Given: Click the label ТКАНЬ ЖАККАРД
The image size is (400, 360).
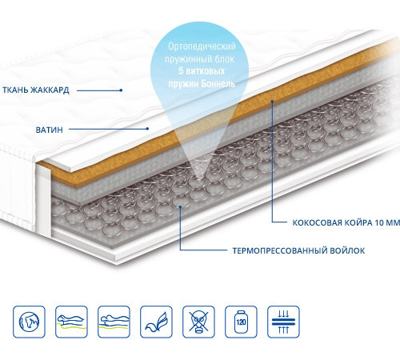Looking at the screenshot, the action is (36, 90).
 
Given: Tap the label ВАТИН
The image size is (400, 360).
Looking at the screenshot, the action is (50, 130).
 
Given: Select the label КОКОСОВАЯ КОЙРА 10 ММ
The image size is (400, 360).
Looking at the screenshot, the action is (346, 222).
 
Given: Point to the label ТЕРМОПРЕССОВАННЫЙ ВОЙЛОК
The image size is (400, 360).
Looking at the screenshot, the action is (298, 250).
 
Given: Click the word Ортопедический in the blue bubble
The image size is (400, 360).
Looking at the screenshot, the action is (202, 46).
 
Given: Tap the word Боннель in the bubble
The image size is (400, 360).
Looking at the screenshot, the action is (218, 84).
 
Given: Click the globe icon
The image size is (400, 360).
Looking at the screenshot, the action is (29, 322).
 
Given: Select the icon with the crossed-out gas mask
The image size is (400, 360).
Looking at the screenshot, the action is (198, 322).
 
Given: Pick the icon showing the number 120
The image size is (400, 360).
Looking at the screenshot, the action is (241, 322).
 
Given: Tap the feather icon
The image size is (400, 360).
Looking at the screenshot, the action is (156, 322).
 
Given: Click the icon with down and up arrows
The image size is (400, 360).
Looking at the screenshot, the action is (283, 322).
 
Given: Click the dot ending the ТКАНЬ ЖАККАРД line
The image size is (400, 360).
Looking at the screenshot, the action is (121, 90).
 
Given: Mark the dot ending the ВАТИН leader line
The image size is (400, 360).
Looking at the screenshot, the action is (147, 129).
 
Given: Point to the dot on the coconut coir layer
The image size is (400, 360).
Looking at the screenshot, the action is (272, 101).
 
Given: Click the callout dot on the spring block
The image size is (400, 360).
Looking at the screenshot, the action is (181, 206).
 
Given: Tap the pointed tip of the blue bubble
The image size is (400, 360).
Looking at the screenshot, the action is (198, 182).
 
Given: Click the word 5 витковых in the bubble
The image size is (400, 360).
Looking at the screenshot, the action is (202, 71).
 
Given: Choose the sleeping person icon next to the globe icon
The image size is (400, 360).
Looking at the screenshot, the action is (71, 322).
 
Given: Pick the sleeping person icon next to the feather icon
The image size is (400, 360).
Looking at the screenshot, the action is (114, 322).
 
